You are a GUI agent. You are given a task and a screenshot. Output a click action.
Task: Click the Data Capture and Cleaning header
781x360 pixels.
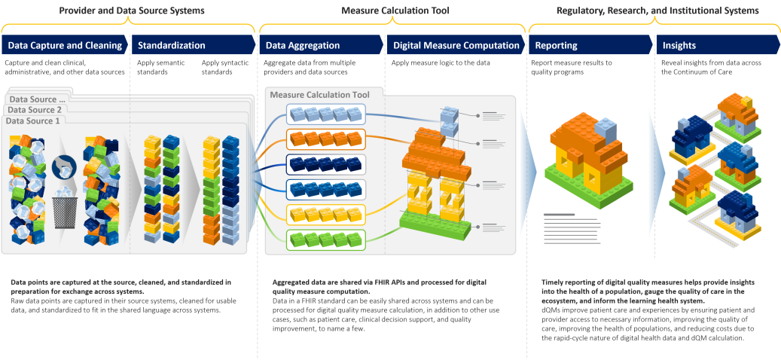pos(65,45)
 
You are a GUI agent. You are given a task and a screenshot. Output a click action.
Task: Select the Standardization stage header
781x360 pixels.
pos(171,45)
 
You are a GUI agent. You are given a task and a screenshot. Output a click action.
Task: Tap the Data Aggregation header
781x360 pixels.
pos(303,45)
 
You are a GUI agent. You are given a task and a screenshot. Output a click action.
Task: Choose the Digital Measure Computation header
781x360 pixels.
pos(456,45)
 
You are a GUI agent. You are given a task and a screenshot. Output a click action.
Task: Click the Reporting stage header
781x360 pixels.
pos(557,45)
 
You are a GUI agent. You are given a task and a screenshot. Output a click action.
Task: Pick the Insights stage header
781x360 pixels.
pos(679,45)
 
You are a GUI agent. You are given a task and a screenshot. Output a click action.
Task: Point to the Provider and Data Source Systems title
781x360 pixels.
pos(131,11)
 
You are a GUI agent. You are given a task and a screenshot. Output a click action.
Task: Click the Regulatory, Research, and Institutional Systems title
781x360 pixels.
pos(657,11)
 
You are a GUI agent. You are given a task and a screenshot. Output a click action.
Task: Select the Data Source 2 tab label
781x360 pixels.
pos(35,110)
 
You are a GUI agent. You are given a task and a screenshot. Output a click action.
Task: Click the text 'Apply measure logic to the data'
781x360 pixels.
pos(441,63)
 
